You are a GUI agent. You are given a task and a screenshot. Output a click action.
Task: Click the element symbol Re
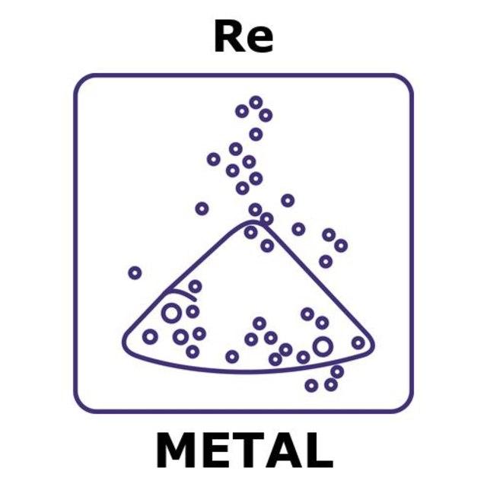pyautogui.click(x=243, y=37)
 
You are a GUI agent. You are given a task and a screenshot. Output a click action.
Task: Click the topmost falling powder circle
pyautogui.click(x=256, y=102)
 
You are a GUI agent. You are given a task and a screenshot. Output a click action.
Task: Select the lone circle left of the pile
pyautogui.click(x=135, y=273)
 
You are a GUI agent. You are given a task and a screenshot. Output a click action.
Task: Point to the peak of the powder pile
pyautogui.click(x=251, y=221)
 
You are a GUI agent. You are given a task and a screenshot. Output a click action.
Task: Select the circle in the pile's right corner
pyautogui.click(x=358, y=342)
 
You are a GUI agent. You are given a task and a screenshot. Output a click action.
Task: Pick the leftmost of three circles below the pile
pyautogui.click(x=311, y=386)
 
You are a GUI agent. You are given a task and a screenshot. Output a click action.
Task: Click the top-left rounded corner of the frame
pyautogui.click(x=79, y=79)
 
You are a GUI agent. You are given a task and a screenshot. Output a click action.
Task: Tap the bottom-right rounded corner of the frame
pyautogui.click(x=407, y=407)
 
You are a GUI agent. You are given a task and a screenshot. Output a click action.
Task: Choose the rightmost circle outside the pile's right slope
pyautogui.click(x=341, y=245)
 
